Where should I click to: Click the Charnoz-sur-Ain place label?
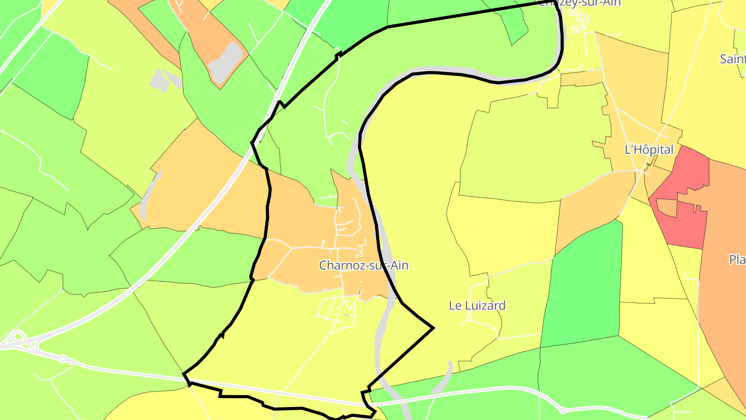[x=364, y=265]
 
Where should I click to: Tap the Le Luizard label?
[x=477, y=305]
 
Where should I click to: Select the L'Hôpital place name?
[x=649, y=150]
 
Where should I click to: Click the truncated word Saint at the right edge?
[x=733, y=59]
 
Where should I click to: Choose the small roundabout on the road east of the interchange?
[x=64, y=358]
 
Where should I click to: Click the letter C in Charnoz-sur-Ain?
[x=323, y=265]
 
